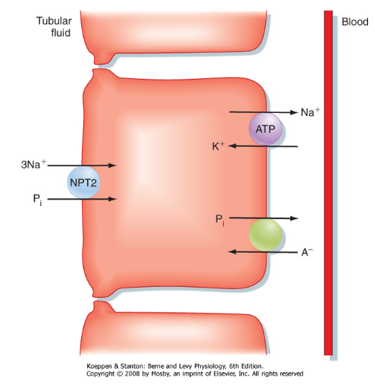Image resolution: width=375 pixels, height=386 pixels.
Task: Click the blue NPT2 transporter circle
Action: [x=83, y=182]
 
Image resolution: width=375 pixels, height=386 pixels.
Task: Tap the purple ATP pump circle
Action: [x=265, y=129]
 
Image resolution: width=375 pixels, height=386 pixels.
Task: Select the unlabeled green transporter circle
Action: [x=265, y=235]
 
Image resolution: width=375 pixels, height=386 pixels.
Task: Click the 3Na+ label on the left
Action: [x=33, y=164]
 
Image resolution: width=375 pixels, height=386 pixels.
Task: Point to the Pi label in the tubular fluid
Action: [x=37, y=200]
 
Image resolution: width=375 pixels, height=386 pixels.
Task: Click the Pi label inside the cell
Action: [x=220, y=220]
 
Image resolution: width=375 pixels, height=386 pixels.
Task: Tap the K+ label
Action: [x=218, y=146]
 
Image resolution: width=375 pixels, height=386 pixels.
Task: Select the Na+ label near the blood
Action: [x=311, y=112]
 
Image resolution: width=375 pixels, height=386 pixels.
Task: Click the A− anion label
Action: [x=307, y=252]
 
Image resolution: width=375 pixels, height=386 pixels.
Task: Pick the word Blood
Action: [x=355, y=22]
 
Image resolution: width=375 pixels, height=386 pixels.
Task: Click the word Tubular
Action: [x=54, y=21]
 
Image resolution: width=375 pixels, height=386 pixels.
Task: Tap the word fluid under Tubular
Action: [x=60, y=33]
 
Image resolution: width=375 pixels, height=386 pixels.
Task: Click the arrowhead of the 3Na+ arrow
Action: [x=112, y=165]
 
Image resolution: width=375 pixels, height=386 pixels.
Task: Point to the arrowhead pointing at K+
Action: [x=232, y=146]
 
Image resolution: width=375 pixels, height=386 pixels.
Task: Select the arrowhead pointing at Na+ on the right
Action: [x=293, y=112]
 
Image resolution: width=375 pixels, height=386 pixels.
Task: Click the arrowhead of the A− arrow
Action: [x=232, y=252]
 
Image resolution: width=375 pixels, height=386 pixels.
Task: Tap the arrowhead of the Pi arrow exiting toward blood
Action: [x=294, y=218]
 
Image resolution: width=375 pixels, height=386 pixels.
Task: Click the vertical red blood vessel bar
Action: [x=329, y=183]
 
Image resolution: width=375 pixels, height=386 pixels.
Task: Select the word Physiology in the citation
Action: [x=211, y=367]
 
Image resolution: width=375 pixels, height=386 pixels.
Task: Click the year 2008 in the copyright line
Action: [x=133, y=374]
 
